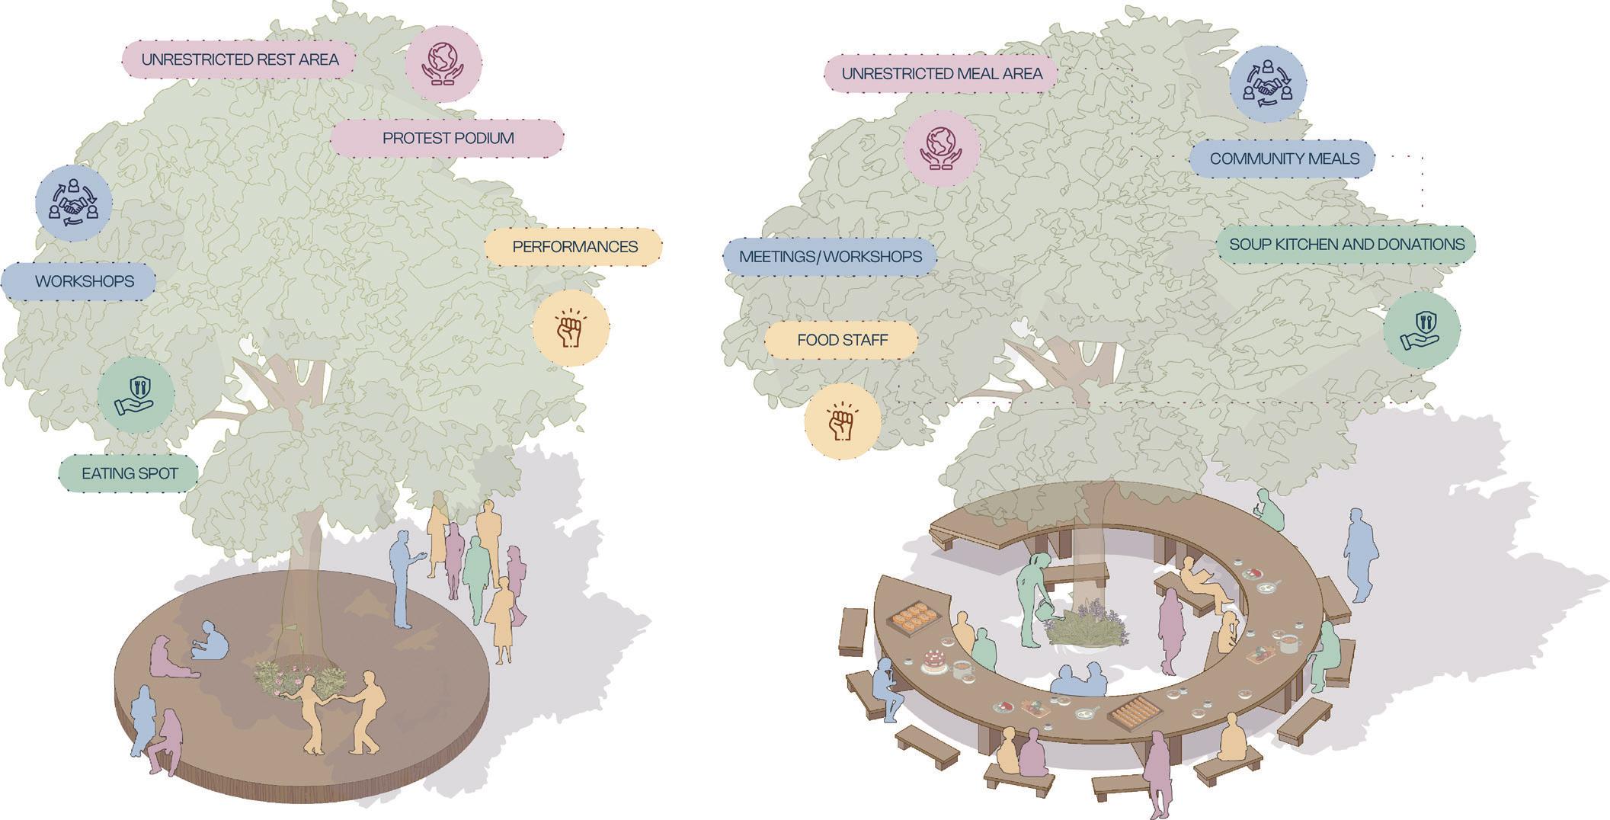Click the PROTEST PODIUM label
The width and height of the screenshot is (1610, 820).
447,139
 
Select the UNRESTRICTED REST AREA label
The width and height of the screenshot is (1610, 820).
239,59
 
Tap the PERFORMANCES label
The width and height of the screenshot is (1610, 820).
574,247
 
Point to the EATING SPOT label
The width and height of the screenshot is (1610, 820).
130,473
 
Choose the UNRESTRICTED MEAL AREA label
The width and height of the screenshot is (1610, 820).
941,74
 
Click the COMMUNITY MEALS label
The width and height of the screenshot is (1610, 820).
1284,159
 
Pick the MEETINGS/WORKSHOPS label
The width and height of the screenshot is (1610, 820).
830,257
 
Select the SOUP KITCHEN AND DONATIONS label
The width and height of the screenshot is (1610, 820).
1346,245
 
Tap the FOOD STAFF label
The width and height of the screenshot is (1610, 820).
842,340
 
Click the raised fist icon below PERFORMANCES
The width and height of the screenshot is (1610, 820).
571,328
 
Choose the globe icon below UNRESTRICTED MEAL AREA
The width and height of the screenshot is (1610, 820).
942,148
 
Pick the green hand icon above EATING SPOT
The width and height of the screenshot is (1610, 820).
136,396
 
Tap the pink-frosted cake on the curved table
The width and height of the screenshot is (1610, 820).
934,660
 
